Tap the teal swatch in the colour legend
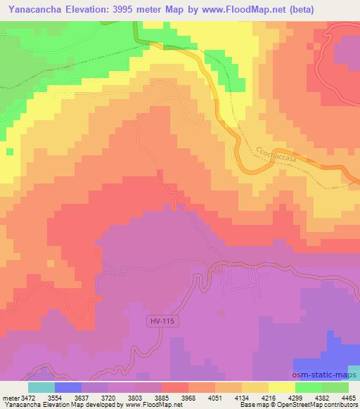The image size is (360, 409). click(41, 387)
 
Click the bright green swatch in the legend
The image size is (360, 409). click(309, 387)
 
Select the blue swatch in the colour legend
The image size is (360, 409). click(68, 387)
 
